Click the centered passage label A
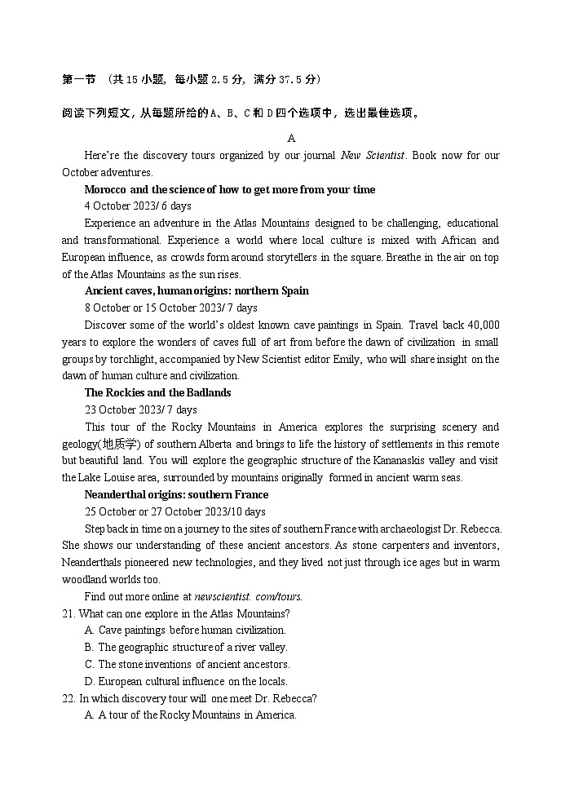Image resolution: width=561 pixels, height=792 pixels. (291, 138)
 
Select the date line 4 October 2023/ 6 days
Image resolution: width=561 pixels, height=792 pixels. (138, 206)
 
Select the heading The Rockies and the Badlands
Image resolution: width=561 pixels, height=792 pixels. (157, 392)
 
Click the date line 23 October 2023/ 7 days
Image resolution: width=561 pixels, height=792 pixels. (140, 409)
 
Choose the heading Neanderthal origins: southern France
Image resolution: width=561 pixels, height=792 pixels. (177, 494)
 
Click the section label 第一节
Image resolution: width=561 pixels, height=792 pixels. (78, 80)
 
